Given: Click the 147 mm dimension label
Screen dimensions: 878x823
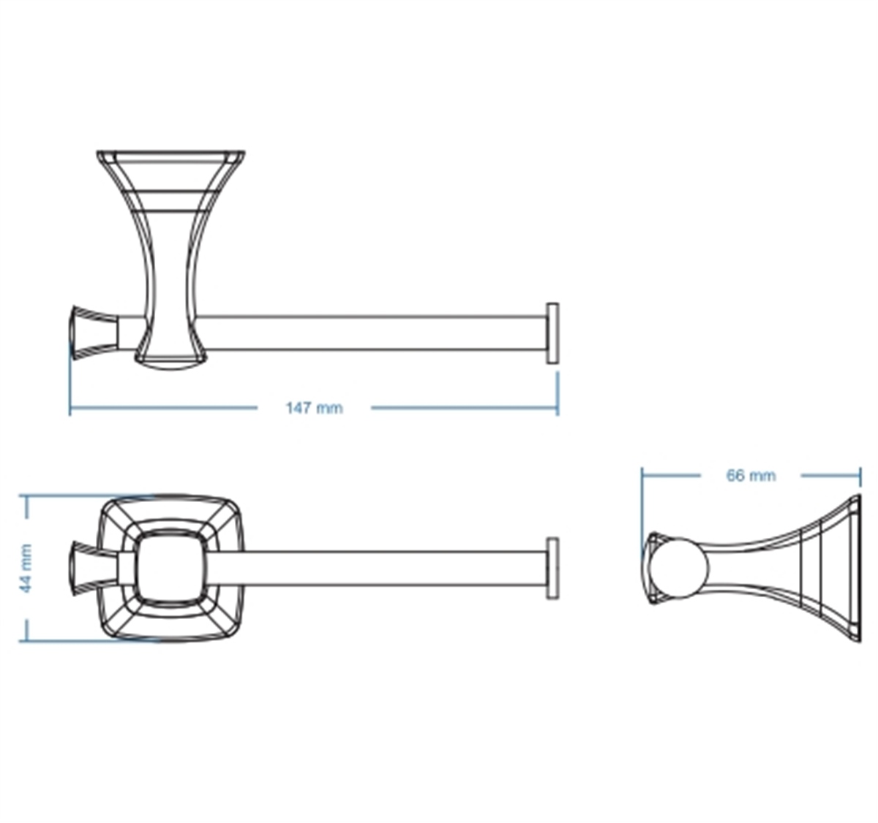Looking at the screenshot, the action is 315,408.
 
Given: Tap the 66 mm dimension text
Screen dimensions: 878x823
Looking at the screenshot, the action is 751,475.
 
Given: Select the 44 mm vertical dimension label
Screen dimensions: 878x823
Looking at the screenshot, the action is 26,568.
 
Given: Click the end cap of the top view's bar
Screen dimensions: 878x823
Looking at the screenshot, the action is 552,333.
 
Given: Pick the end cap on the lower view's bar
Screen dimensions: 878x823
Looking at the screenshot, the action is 552,569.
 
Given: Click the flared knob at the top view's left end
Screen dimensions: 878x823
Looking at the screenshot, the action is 95,332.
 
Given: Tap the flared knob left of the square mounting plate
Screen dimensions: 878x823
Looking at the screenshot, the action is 95,567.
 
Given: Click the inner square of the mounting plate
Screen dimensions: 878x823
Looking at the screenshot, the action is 171,568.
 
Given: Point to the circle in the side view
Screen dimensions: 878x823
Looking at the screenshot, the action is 678,568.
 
